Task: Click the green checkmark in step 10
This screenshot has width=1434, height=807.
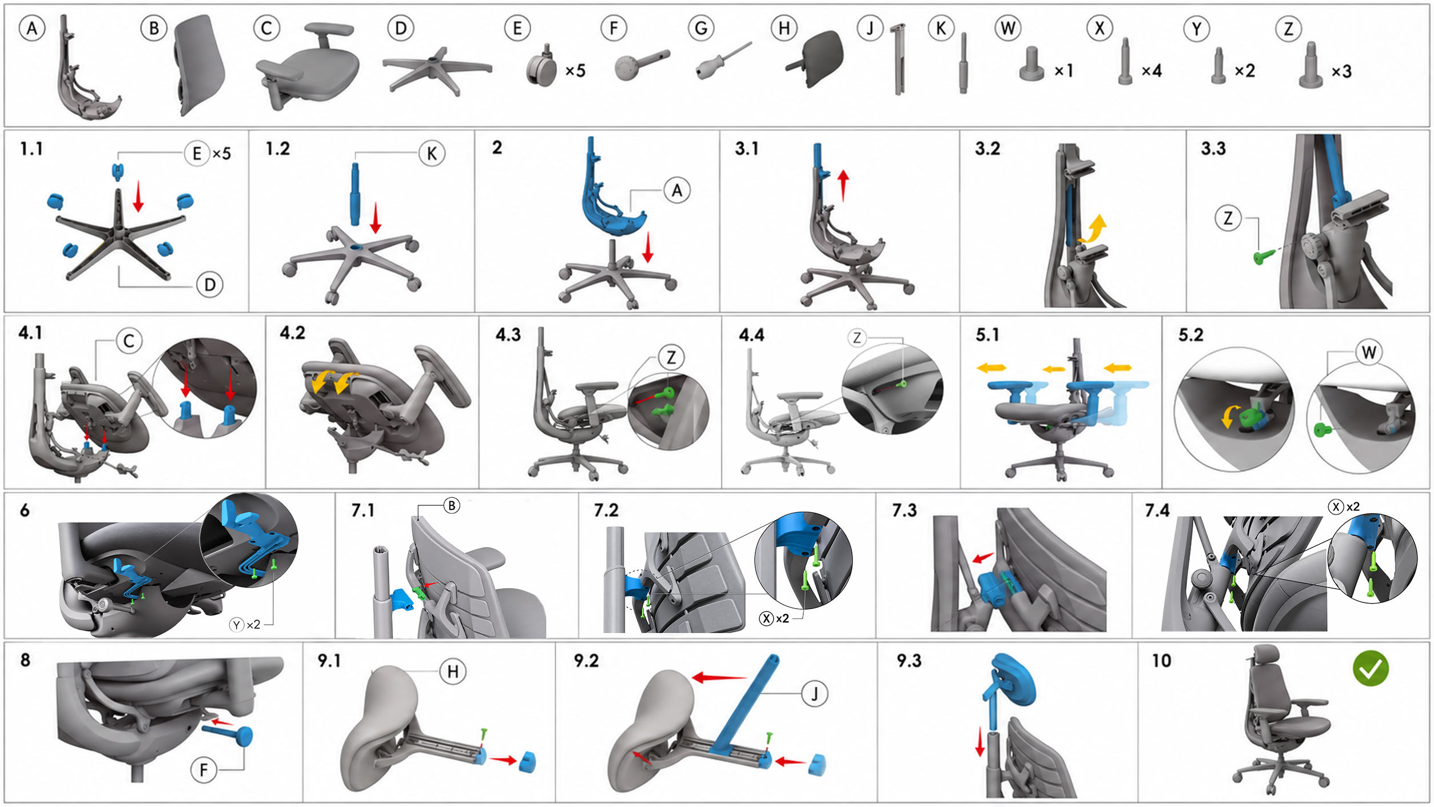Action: click(1371, 668)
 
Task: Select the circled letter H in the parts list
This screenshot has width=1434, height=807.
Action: click(784, 28)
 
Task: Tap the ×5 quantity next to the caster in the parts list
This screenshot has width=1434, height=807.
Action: click(575, 70)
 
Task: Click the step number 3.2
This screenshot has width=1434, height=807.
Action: click(987, 149)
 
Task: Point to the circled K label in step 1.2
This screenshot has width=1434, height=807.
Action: click(432, 153)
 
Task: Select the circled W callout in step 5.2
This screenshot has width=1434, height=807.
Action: click(1369, 352)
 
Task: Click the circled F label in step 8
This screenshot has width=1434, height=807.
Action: click(204, 770)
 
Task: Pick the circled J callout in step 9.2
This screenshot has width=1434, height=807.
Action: click(815, 694)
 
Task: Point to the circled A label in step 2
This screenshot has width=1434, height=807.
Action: click(677, 190)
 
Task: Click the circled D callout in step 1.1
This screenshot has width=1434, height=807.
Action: click(210, 285)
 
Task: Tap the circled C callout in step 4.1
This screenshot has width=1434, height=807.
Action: click(129, 341)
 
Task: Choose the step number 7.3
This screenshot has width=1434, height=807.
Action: click(904, 510)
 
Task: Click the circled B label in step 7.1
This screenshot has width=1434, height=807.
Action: click(452, 506)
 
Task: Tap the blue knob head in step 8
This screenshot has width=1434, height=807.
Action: click(244, 736)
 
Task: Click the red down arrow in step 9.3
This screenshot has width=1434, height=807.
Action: click(980, 742)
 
